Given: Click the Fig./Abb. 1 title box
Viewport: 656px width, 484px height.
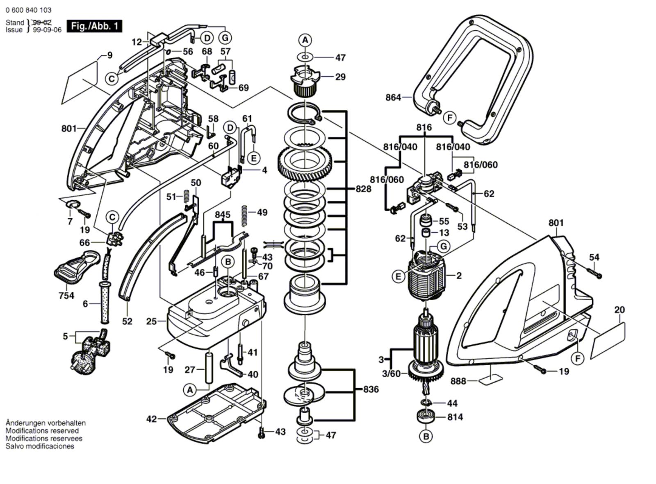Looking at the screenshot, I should pos(94,26).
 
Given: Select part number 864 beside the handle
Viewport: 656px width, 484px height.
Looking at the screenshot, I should pos(393,97).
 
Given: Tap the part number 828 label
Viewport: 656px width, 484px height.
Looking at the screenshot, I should pos(363,189).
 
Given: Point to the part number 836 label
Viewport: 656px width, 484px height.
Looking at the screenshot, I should pos(371,389).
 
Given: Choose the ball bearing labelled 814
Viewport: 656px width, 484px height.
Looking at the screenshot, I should pos(426,417).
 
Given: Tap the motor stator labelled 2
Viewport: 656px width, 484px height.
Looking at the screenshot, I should pos(428,276).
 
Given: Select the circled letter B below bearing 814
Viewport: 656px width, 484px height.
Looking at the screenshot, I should pos(426,437).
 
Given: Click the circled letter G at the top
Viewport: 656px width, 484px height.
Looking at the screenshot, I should pos(225,38).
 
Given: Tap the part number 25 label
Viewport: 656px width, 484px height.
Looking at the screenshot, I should pos(151,321).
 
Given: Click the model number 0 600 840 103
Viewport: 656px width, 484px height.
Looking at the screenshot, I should pos(29,10).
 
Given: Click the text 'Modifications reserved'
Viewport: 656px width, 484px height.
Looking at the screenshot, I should pos(42,431).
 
